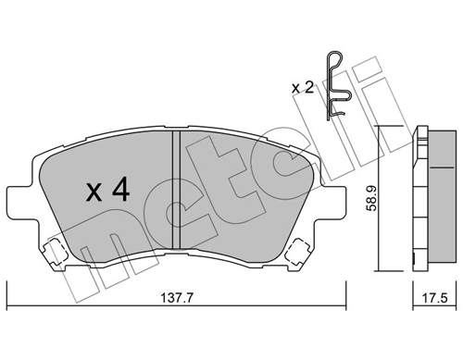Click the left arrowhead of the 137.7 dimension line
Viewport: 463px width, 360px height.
[x=10, y=309]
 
